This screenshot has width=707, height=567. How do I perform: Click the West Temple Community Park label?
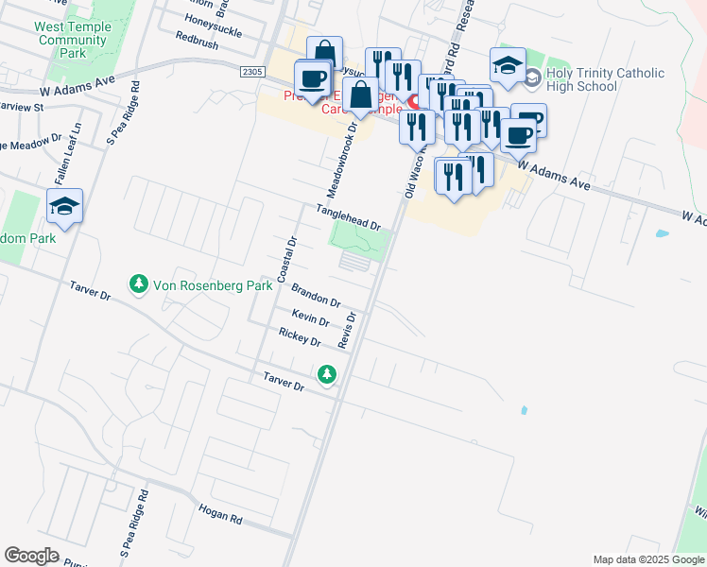pyautogui.click(x=73, y=41)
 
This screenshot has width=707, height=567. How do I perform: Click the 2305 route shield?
pyautogui.click(x=251, y=71)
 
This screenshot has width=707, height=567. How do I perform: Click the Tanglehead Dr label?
pyautogui.click(x=347, y=218)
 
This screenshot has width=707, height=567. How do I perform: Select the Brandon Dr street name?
pyautogui.click(x=315, y=295)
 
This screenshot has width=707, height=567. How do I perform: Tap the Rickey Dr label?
pyautogui.click(x=299, y=336)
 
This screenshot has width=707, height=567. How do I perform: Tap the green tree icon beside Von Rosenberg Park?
pyautogui.click(x=138, y=283)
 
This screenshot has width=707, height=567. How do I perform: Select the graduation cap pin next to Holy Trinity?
pyautogui.click(x=508, y=65)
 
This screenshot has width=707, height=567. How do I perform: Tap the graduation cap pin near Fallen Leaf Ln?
pyautogui.click(x=65, y=206)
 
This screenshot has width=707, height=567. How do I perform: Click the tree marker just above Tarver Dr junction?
pyautogui.click(x=327, y=375)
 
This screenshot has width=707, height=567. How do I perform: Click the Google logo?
pyautogui.click(x=31, y=556)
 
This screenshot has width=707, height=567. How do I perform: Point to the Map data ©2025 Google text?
pyautogui.click(x=647, y=559)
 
